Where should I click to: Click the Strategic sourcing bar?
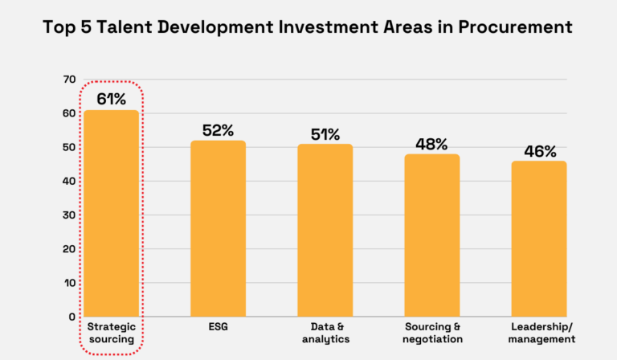pos(111,213)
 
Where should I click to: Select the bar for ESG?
pos(218,228)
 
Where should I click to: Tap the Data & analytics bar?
pos(325,230)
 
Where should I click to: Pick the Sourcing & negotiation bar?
pos(431,235)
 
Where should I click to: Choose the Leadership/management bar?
pos(539,239)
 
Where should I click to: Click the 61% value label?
pos(112,99)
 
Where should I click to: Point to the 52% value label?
pos(218,129)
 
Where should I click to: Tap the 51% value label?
pos(325,133)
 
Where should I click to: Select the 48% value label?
pos(431,144)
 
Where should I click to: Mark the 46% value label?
pos(539,150)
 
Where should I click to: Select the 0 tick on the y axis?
pos(72,317)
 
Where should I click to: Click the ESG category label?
pos(218,327)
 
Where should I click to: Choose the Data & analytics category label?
pos(325,333)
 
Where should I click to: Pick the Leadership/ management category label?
pos(542,333)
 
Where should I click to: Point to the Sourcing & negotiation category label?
pos(432,333)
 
